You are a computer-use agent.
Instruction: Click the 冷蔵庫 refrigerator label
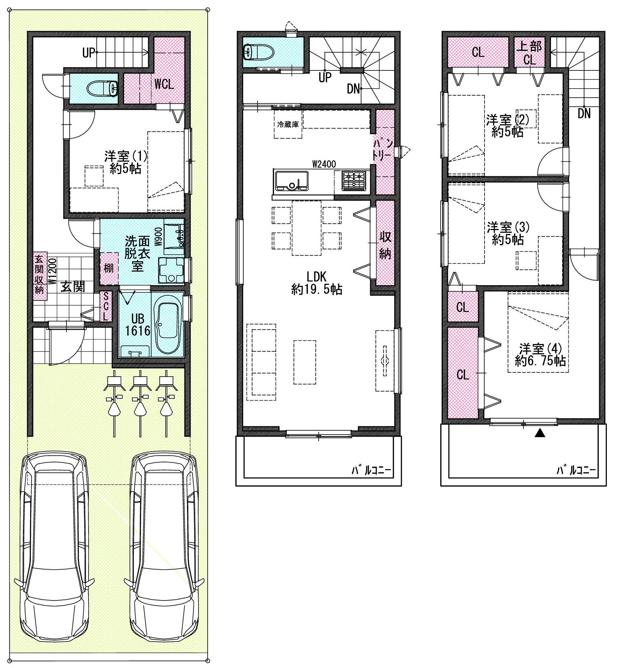coord(288,124)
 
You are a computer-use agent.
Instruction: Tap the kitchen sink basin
coord(291,181)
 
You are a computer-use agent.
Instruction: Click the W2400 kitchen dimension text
coord(324,164)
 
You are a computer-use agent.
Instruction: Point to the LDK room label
coord(316,277)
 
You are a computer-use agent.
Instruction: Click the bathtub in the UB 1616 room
coord(168,328)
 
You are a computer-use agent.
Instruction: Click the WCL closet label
coord(164,84)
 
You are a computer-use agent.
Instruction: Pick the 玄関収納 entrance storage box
coord(40,276)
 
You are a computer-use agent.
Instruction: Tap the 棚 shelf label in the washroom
coord(109,268)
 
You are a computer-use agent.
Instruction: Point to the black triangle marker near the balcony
coord(540,433)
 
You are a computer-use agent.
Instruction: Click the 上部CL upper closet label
coord(529,53)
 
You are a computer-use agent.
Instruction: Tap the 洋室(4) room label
coord(540,355)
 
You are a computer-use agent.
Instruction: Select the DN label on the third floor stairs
coord(584,114)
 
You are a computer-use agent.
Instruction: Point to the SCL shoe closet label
coord(106,307)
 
